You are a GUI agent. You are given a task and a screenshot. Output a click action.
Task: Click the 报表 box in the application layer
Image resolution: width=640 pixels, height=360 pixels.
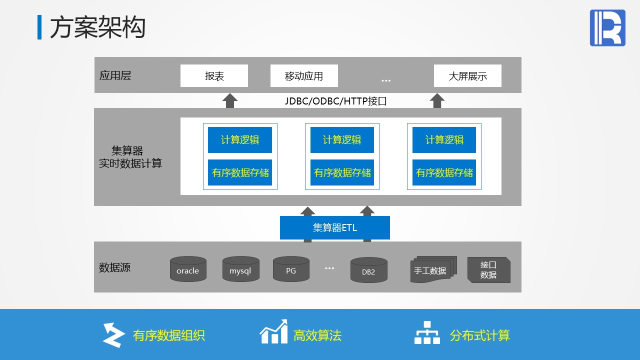pos(214,76)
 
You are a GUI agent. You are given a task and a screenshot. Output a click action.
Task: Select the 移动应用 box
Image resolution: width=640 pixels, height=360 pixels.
pos(304,76)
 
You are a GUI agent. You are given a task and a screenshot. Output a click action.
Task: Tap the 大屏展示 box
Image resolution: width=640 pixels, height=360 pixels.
pos(467,76)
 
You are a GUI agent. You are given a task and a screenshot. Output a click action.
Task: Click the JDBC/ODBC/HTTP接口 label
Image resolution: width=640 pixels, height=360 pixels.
pos(336,101)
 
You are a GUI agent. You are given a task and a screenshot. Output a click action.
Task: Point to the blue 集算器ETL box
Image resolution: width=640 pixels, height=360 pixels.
pos(334,228)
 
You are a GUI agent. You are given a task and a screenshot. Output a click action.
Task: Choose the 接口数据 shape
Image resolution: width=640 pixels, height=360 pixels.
pos(488,270)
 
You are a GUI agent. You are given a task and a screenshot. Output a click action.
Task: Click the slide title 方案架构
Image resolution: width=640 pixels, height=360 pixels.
pos(97,27)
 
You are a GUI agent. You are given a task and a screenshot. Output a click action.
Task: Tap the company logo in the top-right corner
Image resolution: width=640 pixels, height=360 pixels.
pos(607,28)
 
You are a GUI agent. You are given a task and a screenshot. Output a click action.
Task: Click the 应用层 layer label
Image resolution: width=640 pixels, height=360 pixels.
pos(115,75)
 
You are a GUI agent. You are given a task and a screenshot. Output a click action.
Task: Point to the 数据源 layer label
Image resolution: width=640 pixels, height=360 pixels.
pos(114,267)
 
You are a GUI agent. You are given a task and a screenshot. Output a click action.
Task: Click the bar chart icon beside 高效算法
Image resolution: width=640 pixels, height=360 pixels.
pos(273,332)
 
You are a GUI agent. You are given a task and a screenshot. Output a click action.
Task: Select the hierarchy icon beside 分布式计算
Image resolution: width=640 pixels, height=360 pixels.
pos(427,332)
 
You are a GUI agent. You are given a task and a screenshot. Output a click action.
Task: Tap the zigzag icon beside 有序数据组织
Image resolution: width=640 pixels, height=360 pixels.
pos(113,335)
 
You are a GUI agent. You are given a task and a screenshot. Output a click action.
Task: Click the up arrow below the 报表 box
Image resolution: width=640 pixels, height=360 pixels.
pos(229,100)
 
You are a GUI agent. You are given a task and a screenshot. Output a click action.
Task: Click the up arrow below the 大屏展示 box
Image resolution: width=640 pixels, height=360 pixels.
pos(437,100)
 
